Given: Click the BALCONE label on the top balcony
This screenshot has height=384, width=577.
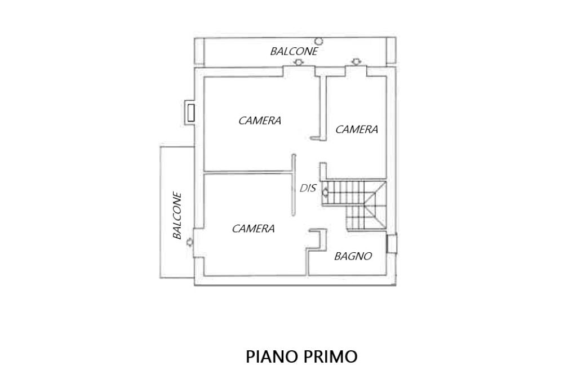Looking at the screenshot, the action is coord(294,51).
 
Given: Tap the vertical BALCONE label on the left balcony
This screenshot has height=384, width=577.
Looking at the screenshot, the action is coord(177,216).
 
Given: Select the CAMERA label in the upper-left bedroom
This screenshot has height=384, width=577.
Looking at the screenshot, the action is coord(260,120).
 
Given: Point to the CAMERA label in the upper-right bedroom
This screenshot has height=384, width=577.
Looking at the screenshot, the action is coord(357,130).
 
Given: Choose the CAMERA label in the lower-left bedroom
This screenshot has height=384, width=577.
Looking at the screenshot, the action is coord(253,229).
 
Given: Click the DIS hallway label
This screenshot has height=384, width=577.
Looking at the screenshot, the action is coord(308,189).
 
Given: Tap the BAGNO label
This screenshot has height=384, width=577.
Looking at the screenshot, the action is coord(353,256).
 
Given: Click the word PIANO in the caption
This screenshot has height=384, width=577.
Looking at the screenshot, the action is coord(269,357).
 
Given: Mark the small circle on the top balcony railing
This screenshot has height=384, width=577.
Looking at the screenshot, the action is coord(319,41).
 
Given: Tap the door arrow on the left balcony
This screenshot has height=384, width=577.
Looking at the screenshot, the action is coord(189,242).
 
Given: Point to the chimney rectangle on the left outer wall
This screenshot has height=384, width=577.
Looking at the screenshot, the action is coord(192,112).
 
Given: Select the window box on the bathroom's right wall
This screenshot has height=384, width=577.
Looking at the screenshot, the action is coord(392,244).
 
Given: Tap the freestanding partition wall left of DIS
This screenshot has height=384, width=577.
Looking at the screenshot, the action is coord(294,184).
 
